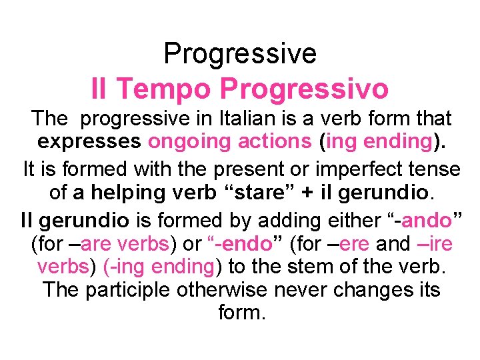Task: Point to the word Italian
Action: coord(269,119)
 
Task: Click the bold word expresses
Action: coord(89,142)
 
